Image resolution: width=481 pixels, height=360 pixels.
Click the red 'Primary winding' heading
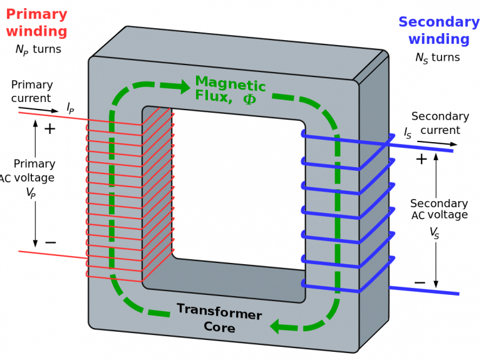(x=36, y=22)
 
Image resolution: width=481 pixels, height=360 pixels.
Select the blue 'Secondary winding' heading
(x=438, y=31)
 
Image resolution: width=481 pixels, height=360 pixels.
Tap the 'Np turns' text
(x=38, y=49)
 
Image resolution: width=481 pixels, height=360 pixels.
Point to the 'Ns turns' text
(x=437, y=58)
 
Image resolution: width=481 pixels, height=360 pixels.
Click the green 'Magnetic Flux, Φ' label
(x=230, y=90)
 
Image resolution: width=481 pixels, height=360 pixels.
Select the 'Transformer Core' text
(x=219, y=318)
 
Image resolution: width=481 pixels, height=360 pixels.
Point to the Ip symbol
(x=70, y=108)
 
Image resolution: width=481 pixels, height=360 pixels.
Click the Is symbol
(x=408, y=133)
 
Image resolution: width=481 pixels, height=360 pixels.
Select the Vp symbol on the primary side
(x=31, y=193)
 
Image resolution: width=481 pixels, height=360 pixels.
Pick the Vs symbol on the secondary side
(x=434, y=233)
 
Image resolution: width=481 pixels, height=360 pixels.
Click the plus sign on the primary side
(x=49, y=129)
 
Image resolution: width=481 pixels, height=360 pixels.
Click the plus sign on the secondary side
(x=422, y=159)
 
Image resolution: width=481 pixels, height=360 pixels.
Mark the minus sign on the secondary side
(x=420, y=283)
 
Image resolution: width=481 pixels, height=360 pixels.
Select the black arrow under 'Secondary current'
(x=438, y=144)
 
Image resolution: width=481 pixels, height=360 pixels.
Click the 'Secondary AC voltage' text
(x=438, y=209)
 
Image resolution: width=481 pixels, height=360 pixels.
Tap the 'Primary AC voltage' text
(x=33, y=170)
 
